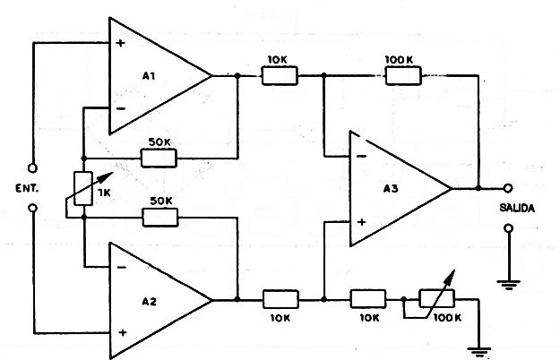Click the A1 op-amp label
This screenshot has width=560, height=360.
pos(149,77)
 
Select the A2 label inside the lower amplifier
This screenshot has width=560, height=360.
pos(149,301)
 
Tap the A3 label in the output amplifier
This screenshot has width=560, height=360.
pos(391,189)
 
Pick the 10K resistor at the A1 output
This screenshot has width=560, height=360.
pos(278,78)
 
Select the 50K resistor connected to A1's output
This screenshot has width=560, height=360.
pos(159,158)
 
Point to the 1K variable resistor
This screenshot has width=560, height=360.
pos(82,188)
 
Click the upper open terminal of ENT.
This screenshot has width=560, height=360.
pos(32,167)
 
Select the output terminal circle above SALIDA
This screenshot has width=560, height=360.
pos(507,189)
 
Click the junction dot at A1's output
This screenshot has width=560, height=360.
pos(237,78)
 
